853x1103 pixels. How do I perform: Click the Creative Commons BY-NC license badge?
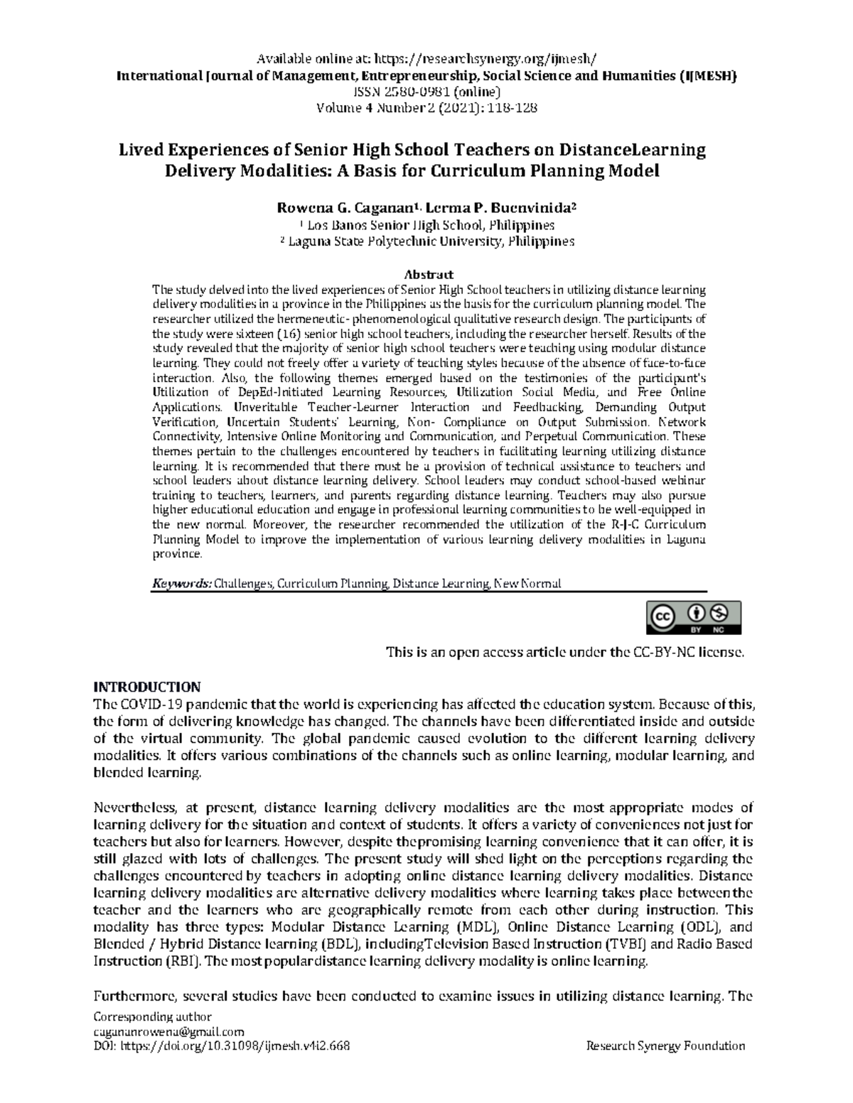pos(693,617)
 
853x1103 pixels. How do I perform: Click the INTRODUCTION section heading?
pos(148,687)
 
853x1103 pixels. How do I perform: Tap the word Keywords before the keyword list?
pos(181,583)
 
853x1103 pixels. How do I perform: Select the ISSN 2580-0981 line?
pos(426,92)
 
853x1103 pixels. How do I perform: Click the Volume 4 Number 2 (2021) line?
pos(426,108)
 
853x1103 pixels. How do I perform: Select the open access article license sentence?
pos(564,651)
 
